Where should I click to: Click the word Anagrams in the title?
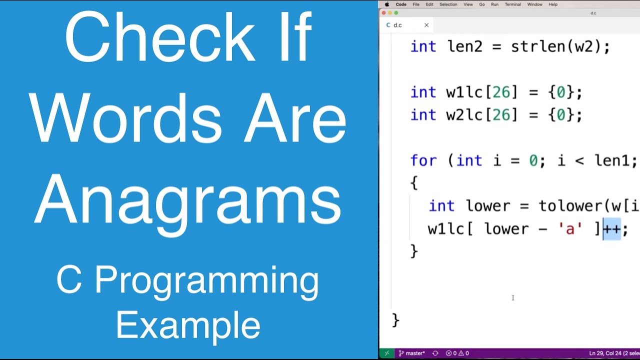(x=188, y=200)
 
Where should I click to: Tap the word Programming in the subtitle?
(x=206, y=281)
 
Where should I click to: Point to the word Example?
(x=188, y=325)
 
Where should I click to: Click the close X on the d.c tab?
(x=426, y=25)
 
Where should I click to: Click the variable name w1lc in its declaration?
(x=465, y=92)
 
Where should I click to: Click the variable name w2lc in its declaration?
(x=465, y=115)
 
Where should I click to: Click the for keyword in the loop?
(x=423, y=161)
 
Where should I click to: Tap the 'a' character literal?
(x=570, y=229)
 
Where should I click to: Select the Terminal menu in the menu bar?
(x=512, y=4)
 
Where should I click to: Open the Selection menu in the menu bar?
(x=448, y=4)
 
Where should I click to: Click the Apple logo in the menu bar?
(x=386, y=4)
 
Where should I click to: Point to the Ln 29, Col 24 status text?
(x=606, y=353)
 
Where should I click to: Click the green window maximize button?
(x=396, y=13)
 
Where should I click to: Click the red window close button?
(x=384, y=13)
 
